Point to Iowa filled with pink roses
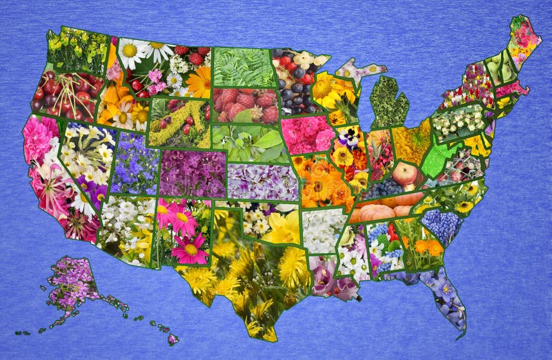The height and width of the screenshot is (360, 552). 307,134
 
